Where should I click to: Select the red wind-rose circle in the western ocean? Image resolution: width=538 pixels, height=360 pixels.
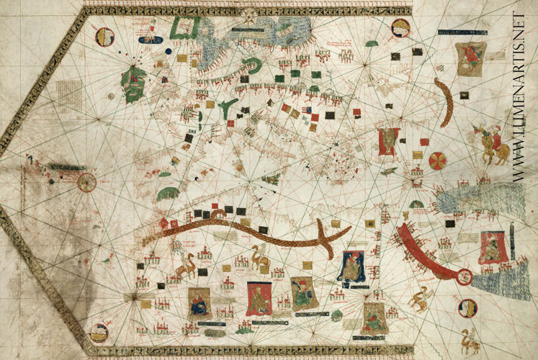click(86, 182)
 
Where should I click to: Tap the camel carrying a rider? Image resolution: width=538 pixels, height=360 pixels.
click(260, 256)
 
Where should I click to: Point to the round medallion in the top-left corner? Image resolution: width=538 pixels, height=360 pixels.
click(105, 36)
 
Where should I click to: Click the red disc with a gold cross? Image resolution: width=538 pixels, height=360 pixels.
click(437, 160)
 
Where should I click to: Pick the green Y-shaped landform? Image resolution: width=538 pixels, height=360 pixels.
click(228, 108)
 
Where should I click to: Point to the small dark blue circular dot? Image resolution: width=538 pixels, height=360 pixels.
click(167, 50)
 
